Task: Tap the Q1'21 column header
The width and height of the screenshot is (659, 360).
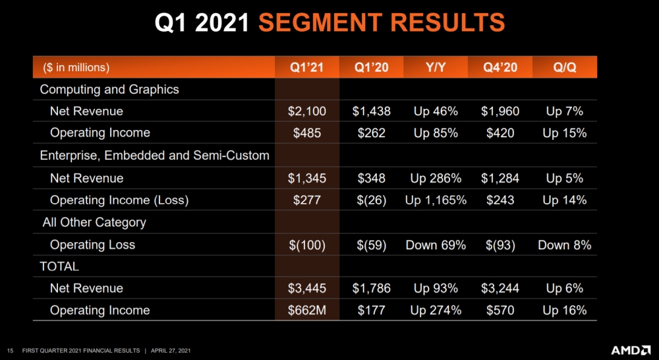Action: tap(306, 67)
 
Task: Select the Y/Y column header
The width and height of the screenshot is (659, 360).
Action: tap(436, 67)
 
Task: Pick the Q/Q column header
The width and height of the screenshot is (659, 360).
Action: tap(564, 67)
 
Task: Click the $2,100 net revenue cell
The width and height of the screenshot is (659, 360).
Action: tap(306, 111)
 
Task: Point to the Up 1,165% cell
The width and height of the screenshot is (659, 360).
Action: tap(436, 200)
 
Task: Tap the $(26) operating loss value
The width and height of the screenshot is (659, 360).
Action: tap(372, 200)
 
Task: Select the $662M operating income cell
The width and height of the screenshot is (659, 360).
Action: tap(307, 310)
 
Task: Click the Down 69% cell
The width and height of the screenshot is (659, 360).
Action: tap(436, 245)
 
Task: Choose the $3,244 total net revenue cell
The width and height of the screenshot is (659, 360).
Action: tap(500, 288)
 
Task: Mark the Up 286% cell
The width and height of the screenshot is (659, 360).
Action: tap(436, 178)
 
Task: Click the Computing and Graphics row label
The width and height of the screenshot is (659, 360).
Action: tap(109, 89)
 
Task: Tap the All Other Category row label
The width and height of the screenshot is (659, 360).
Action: tap(94, 222)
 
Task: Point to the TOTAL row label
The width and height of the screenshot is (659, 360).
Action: tap(59, 266)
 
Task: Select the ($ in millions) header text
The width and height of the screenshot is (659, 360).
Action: tap(76, 67)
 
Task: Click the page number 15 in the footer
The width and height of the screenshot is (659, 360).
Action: tap(10, 349)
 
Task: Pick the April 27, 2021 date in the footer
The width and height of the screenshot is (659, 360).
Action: tap(173, 349)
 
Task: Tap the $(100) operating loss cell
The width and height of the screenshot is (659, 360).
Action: tap(306, 245)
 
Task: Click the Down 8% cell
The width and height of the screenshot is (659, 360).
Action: tap(564, 245)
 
